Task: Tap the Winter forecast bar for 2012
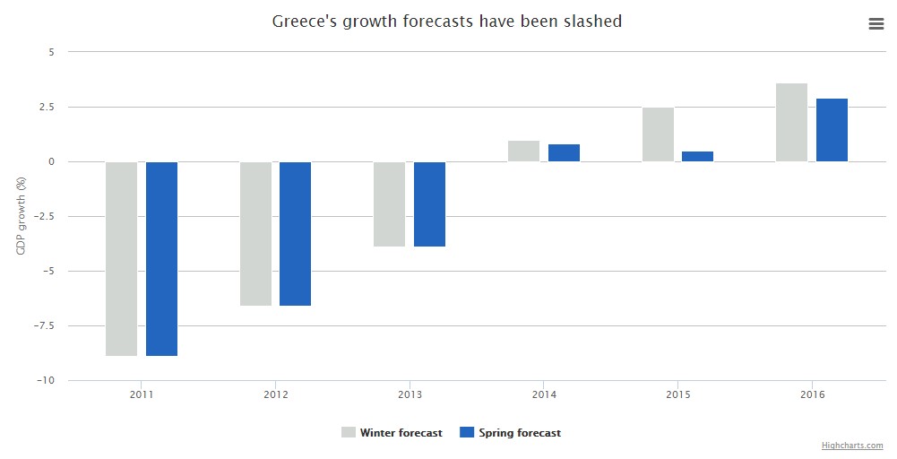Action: (x=255, y=233)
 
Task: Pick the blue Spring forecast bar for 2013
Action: (x=429, y=204)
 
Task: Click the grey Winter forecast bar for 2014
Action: (x=523, y=151)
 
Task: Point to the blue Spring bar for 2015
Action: (x=697, y=156)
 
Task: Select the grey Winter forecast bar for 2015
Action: (x=658, y=134)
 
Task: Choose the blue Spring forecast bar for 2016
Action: (x=832, y=130)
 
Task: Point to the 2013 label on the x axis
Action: (x=410, y=394)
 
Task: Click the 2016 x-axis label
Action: (x=812, y=394)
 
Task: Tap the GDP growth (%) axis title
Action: (x=21, y=216)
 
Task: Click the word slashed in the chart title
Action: (x=593, y=21)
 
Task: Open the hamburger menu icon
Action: (x=876, y=24)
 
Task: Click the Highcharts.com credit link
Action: (x=852, y=446)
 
